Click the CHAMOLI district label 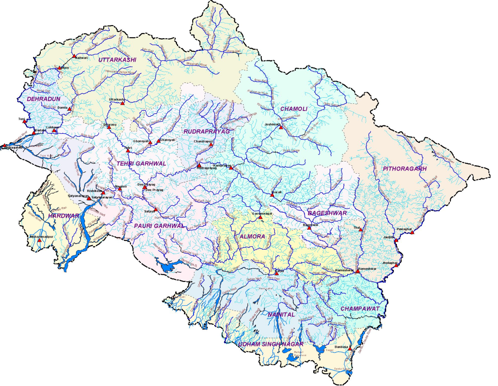pos(294,109)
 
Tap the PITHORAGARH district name pos(405,168)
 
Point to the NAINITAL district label pos(281,314)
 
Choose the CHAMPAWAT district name pos(360,308)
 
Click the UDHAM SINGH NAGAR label pos(270,344)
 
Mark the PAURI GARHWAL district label pos(159,226)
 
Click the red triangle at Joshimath pos(281,128)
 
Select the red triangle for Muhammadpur pos(39,240)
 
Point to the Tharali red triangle pos(272,195)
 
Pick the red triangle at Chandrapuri pos(211,145)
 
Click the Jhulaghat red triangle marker pos(396,265)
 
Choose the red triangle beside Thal pos(360,230)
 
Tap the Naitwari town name pos(82,57)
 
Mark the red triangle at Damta pos(69,109)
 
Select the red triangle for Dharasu pos(109,127)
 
